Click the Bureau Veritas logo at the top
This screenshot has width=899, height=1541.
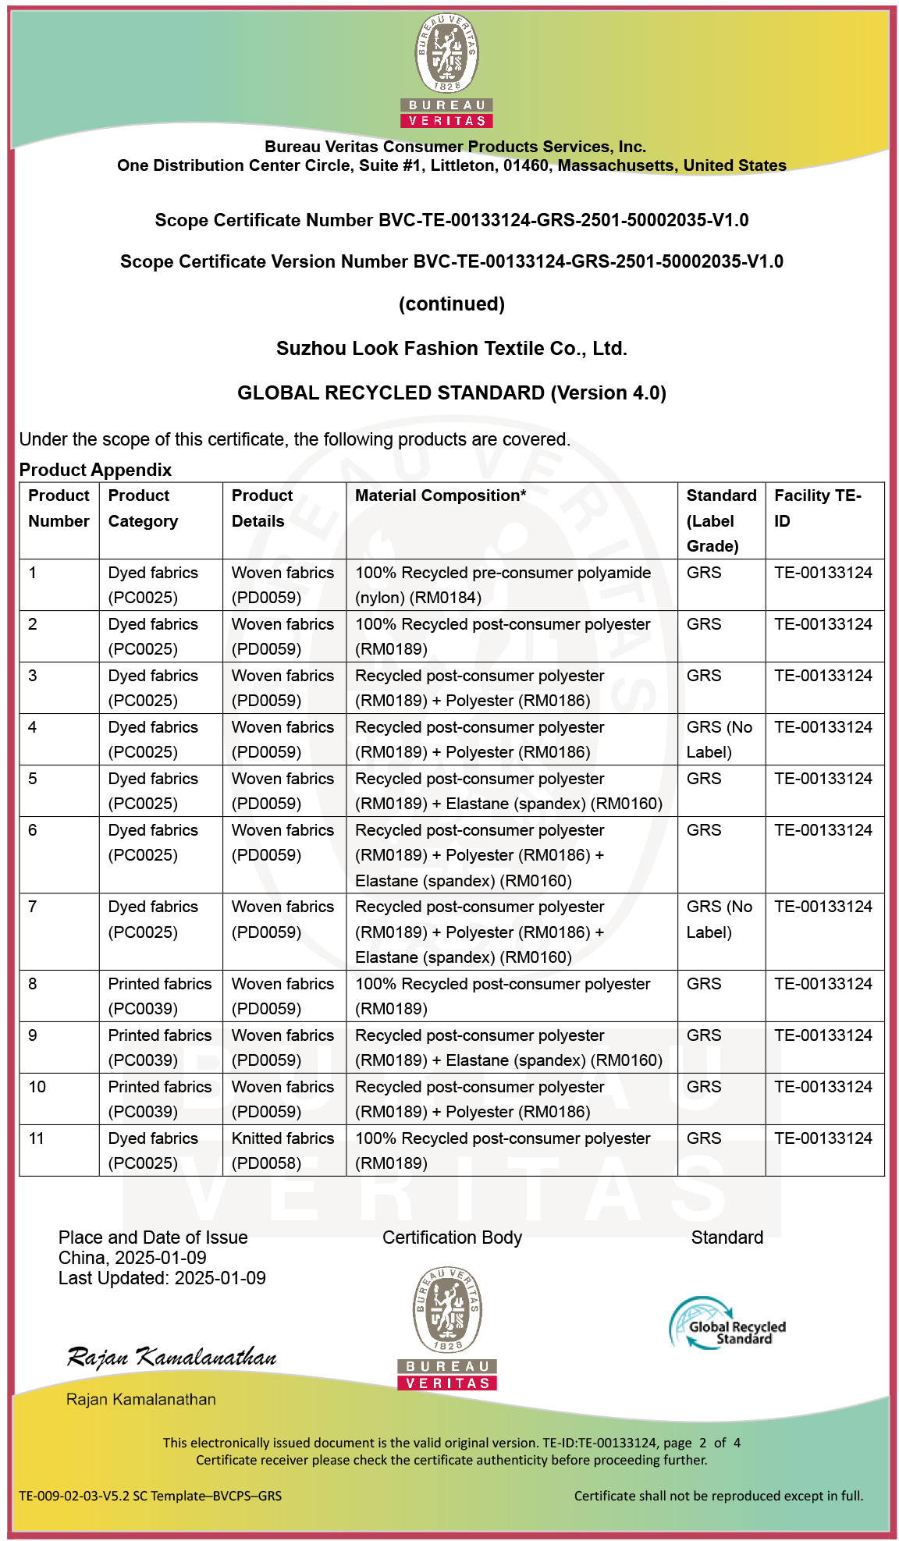[447, 70]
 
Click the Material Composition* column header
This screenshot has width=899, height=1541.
[440, 495]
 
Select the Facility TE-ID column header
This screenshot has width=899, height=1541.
[817, 508]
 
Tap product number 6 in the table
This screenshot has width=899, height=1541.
[33, 830]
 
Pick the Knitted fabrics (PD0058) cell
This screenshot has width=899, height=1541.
[282, 1150]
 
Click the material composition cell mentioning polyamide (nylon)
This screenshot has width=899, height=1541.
[503, 584]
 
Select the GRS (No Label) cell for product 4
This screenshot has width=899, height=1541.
[719, 739]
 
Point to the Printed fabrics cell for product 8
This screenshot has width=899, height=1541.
[159, 996]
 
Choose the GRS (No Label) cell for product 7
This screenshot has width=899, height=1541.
[719, 919]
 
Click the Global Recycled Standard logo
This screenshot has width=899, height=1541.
[727, 1323]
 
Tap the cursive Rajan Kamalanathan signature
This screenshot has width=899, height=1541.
[172, 1358]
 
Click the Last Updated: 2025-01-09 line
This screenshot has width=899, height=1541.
[162, 1278]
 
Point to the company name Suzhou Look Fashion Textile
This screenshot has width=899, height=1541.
[451, 348]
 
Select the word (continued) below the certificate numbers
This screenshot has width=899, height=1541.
[451, 304]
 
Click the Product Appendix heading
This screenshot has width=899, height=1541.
[95, 470]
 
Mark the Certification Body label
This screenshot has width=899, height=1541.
[452, 1237]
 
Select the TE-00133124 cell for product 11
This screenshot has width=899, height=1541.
[823, 1138]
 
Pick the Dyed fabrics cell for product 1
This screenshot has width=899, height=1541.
[153, 584]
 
